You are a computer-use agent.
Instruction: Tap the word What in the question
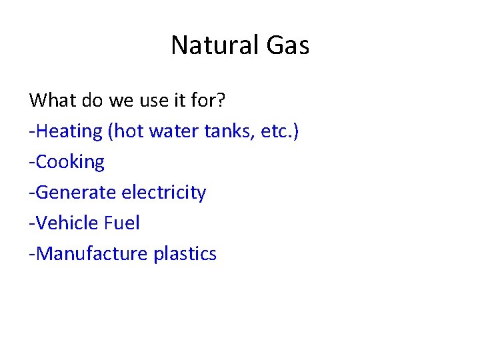click(53, 101)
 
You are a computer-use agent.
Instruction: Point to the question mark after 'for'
click(221, 101)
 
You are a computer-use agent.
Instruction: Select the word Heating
click(69, 131)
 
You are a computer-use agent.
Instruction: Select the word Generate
click(77, 193)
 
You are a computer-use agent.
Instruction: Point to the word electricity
click(164, 193)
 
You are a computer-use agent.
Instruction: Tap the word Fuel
click(122, 223)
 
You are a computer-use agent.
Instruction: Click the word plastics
click(185, 254)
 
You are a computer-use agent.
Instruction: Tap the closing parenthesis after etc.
click(296, 131)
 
